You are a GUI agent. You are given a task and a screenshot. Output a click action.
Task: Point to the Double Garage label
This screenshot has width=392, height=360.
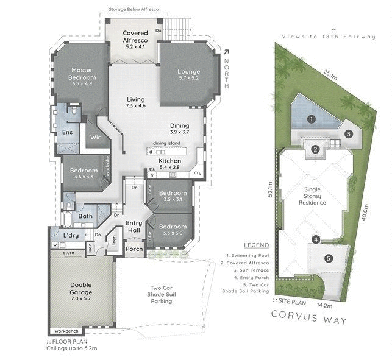(81, 285)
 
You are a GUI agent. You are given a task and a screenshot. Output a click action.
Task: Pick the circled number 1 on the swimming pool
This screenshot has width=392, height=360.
(311, 119)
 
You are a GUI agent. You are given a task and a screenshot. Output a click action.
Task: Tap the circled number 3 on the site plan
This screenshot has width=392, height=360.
(348, 134)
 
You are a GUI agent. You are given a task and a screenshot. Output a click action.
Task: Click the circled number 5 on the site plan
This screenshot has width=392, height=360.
(328, 258)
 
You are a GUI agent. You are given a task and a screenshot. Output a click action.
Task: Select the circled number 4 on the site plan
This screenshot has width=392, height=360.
(315, 239)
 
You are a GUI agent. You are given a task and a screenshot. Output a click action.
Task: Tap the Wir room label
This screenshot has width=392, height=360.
(96, 138)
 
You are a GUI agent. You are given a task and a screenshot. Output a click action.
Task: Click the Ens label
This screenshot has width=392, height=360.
(68, 132)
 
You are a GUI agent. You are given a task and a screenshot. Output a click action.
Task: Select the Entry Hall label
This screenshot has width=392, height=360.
(134, 227)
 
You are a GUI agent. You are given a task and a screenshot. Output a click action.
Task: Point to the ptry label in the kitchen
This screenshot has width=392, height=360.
(197, 173)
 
